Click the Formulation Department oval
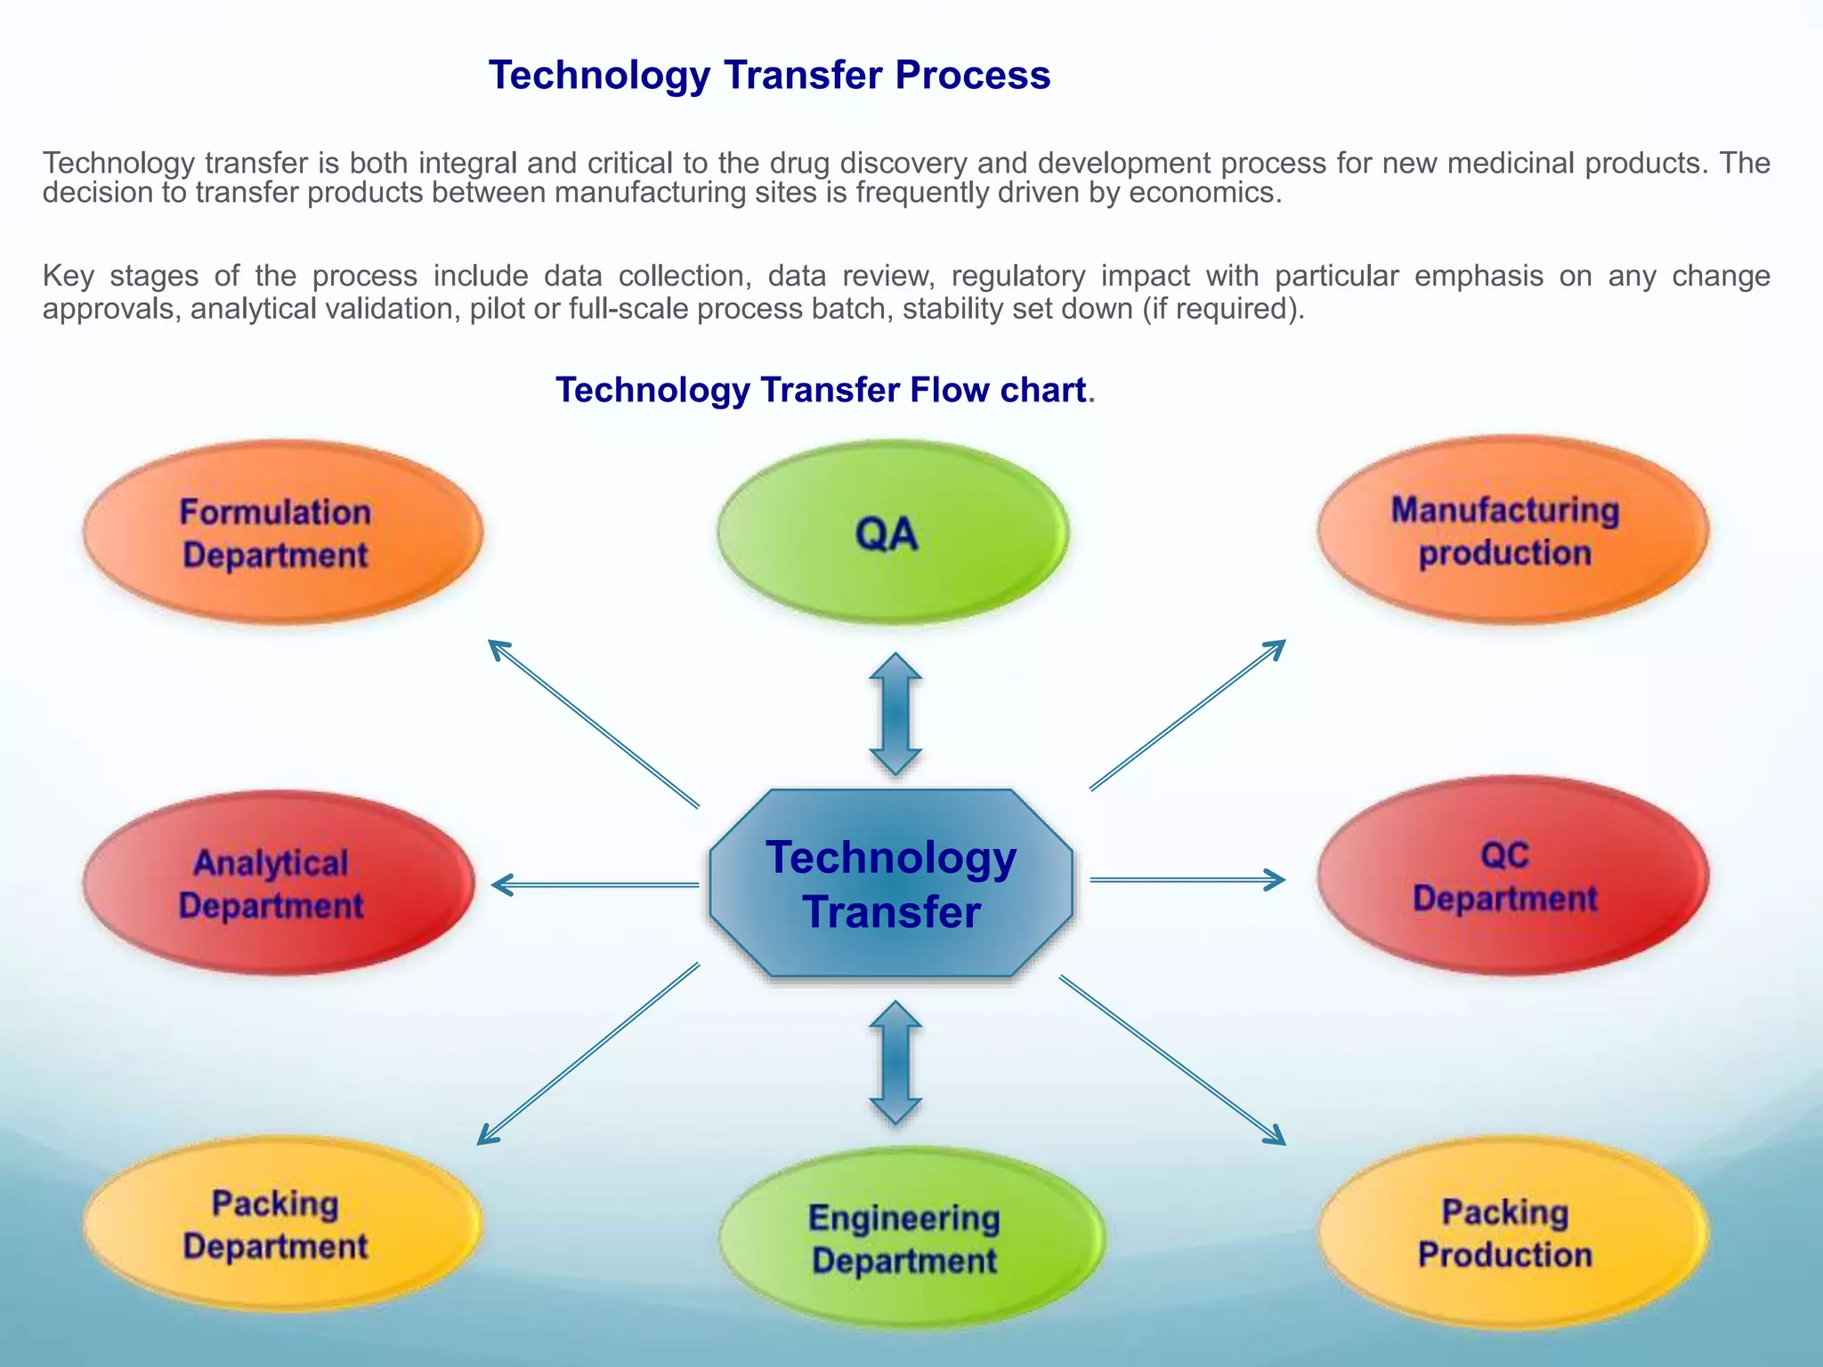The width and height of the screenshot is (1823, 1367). [283, 532]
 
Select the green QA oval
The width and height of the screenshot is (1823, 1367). [892, 532]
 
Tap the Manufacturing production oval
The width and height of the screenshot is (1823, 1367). [1511, 530]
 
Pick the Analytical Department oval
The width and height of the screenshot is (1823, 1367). [278, 883]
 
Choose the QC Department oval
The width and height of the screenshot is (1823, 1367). [1511, 876]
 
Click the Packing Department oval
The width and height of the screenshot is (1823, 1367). [281, 1225]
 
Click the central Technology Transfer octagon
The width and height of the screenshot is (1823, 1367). [890, 883]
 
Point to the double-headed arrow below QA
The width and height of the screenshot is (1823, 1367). [895, 714]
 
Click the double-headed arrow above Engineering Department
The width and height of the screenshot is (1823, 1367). [895, 1062]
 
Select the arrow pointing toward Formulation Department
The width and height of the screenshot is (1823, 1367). [594, 724]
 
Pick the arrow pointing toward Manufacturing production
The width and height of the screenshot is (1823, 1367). [1187, 715]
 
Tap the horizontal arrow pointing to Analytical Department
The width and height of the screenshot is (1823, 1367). [595, 885]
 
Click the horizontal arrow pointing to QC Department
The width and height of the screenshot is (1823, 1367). [1187, 879]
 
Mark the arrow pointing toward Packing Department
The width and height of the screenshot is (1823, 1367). [587, 1054]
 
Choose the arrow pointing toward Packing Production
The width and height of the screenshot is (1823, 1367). [1172, 1060]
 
